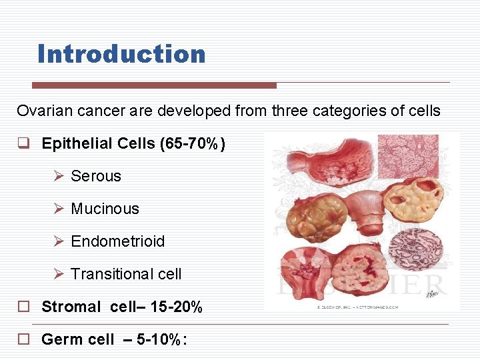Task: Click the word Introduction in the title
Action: tap(121, 53)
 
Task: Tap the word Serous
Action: tap(96, 176)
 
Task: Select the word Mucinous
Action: tap(105, 209)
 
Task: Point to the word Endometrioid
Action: tap(117, 241)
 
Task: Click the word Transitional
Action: tap(109, 274)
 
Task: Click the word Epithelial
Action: tap(74, 144)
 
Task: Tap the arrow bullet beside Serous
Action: tap(59, 176)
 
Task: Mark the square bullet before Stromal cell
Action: tap(23, 307)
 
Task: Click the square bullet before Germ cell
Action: tap(23, 339)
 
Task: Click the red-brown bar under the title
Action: tap(154, 85)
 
